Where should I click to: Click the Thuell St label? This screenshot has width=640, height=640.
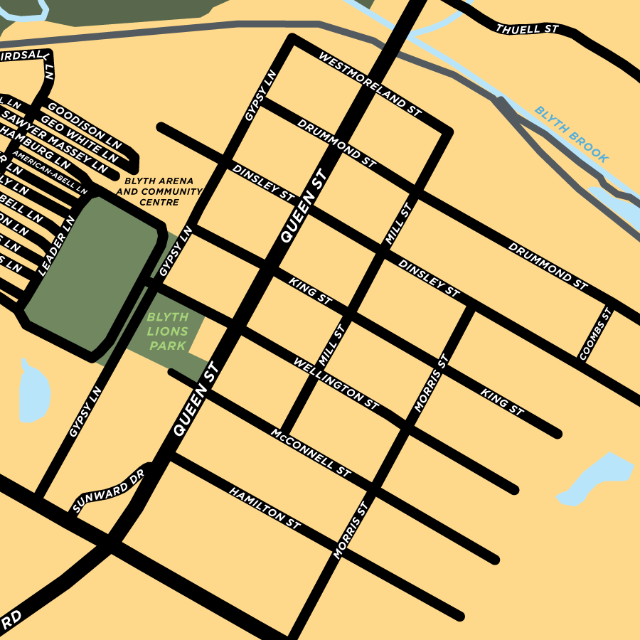pyautogui.click(x=528, y=29)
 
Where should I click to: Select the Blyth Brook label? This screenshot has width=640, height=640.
pyautogui.click(x=572, y=135)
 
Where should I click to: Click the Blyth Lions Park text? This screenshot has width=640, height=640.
pyautogui.click(x=168, y=331)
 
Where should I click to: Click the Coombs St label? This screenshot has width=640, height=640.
pyautogui.click(x=595, y=334)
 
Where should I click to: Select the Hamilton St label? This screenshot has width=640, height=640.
pyautogui.click(x=265, y=508)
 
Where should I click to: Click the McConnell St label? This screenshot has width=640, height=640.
pyautogui.click(x=311, y=452)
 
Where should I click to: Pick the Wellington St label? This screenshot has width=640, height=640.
pyautogui.click(x=336, y=383)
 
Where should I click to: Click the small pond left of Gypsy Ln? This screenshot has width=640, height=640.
pyautogui.click(x=33, y=393)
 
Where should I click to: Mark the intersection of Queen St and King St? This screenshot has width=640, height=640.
pyautogui.click(x=268, y=268)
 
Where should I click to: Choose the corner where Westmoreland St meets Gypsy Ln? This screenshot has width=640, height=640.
pyautogui.click(x=291, y=40)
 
